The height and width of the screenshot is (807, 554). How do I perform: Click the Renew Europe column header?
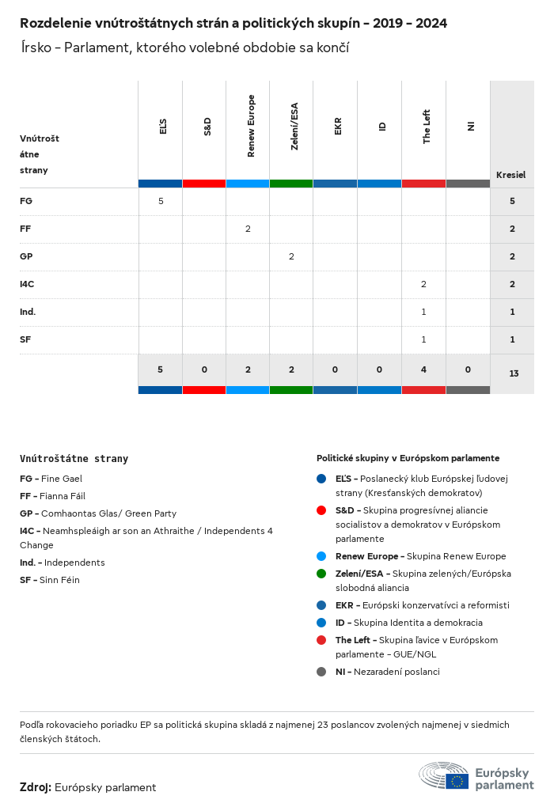pyautogui.click(x=251, y=126)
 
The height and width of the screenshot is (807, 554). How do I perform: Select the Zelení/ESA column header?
pyautogui.click(x=294, y=126)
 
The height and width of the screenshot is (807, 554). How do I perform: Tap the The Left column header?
pyautogui.click(x=427, y=126)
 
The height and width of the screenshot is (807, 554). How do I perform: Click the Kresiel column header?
pyautogui.click(x=511, y=175)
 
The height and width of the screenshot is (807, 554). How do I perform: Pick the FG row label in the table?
pyautogui.click(x=26, y=201)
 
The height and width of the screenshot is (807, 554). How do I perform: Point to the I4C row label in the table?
pyautogui.click(x=28, y=284)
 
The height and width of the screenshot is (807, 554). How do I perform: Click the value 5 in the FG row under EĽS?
pyautogui.click(x=161, y=201)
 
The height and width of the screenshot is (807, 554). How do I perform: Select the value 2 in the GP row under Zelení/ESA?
pyautogui.click(x=291, y=256)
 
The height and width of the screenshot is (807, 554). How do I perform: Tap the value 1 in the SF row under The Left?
pyautogui.click(x=423, y=339)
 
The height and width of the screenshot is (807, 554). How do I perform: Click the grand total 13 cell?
pyautogui.click(x=513, y=373)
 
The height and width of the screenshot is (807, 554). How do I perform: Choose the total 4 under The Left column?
pyautogui.click(x=423, y=369)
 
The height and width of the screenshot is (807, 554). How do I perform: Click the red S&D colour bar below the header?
pyautogui.click(x=204, y=184)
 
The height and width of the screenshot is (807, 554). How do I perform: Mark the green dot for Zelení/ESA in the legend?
pyautogui.click(x=321, y=574)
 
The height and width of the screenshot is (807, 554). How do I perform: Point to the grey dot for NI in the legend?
pyautogui.click(x=321, y=672)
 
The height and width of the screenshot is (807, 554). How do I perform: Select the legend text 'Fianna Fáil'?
pyautogui.click(x=63, y=496)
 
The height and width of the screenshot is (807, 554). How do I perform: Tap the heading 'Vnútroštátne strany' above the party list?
pyautogui.click(x=74, y=458)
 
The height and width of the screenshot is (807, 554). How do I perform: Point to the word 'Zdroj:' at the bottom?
pyautogui.click(x=36, y=787)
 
